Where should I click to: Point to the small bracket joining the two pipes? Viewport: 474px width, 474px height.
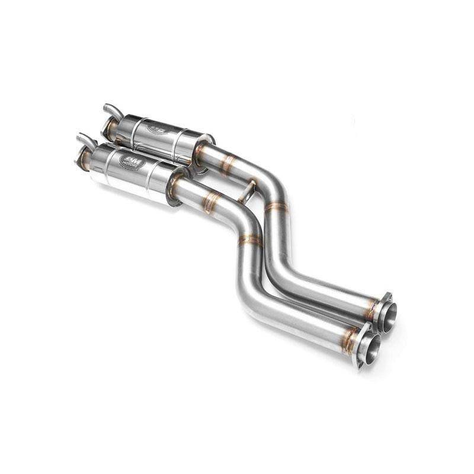click(247, 191)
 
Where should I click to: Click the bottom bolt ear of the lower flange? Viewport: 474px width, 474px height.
click(359, 365)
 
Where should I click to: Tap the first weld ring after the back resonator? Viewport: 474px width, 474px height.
click(228, 165)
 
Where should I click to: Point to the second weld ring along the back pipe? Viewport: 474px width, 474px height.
click(276, 207)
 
